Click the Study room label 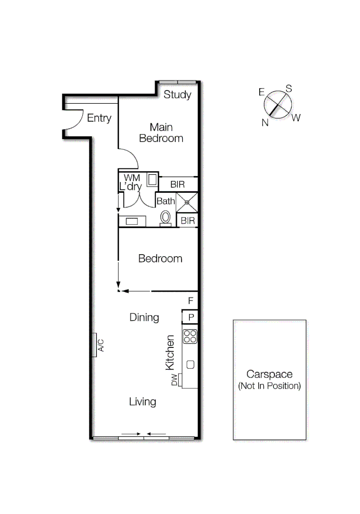tap(177, 95)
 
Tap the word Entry tap(99, 118)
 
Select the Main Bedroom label tap(161, 133)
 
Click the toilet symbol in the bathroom tap(165, 217)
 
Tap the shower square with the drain tap(187, 202)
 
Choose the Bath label tap(166, 201)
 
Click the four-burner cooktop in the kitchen tap(190, 336)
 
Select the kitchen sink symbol tap(190, 365)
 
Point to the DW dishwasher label tap(175, 380)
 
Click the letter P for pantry tap(191, 317)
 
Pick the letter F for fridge tap(190, 301)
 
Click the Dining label tap(144, 317)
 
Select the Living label tap(143, 402)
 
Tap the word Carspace tap(269, 375)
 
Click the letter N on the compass tap(264, 122)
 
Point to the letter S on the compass tap(288, 89)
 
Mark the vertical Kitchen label tap(170, 353)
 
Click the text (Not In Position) tap(269, 386)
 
